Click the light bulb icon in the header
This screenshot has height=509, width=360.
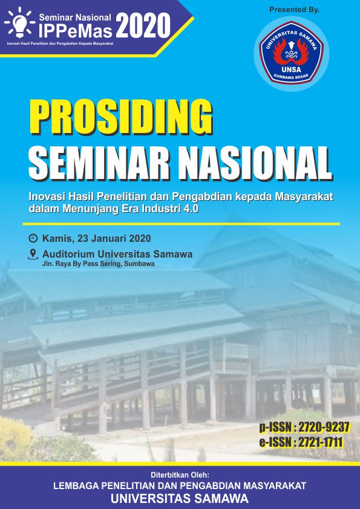[x=20, y=23]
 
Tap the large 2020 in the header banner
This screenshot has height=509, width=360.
[x=143, y=26]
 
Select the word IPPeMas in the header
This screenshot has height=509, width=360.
[x=76, y=31]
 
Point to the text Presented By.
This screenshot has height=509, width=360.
[x=295, y=10]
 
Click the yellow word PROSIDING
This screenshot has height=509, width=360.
[x=122, y=117]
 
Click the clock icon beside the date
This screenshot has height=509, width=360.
[x=33, y=238]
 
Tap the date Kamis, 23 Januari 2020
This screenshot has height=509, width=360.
[x=96, y=239]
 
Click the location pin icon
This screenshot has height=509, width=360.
[x=33, y=254]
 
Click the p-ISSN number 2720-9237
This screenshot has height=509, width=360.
[x=324, y=427]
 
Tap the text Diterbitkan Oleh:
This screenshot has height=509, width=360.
[x=180, y=475]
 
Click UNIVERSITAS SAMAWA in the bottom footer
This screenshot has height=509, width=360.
[x=180, y=498]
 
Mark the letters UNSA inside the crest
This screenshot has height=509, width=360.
[x=291, y=69]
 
